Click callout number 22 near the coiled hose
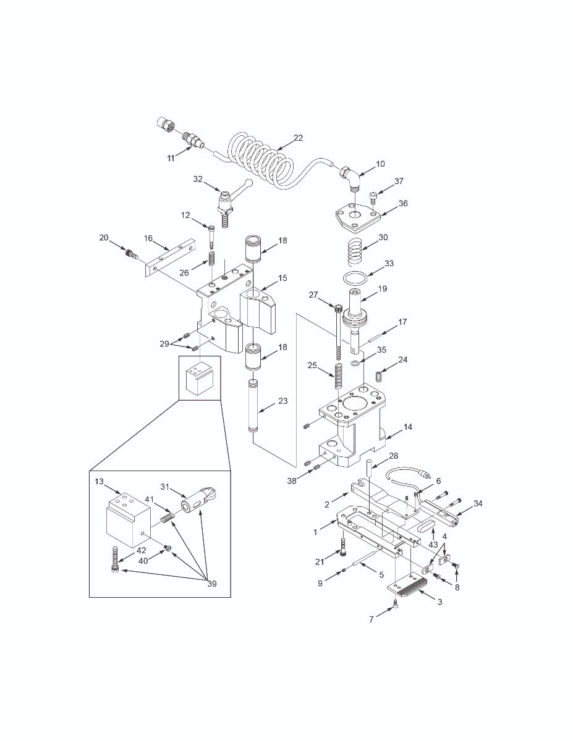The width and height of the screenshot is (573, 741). (x=298, y=138)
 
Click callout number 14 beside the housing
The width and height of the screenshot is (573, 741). (x=408, y=427)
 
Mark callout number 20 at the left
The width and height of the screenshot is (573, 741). (x=103, y=237)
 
